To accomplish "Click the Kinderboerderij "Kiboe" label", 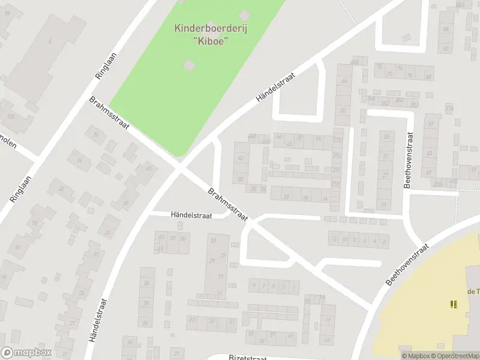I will [x=203, y=34].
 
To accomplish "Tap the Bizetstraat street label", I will [x=248, y=357].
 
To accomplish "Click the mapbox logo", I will [x=25, y=353].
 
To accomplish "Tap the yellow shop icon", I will [x=454, y=304].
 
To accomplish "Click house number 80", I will [x=428, y=77].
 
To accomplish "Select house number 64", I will [x=344, y=82].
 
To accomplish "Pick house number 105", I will [x=10, y=116].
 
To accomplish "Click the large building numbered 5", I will [x=50, y=41].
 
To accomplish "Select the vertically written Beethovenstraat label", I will [x=408, y=160].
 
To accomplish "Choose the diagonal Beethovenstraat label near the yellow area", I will [x=408, y=265].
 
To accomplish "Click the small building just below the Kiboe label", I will [x=188, y=64].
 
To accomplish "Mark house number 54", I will [x=318, y=138].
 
